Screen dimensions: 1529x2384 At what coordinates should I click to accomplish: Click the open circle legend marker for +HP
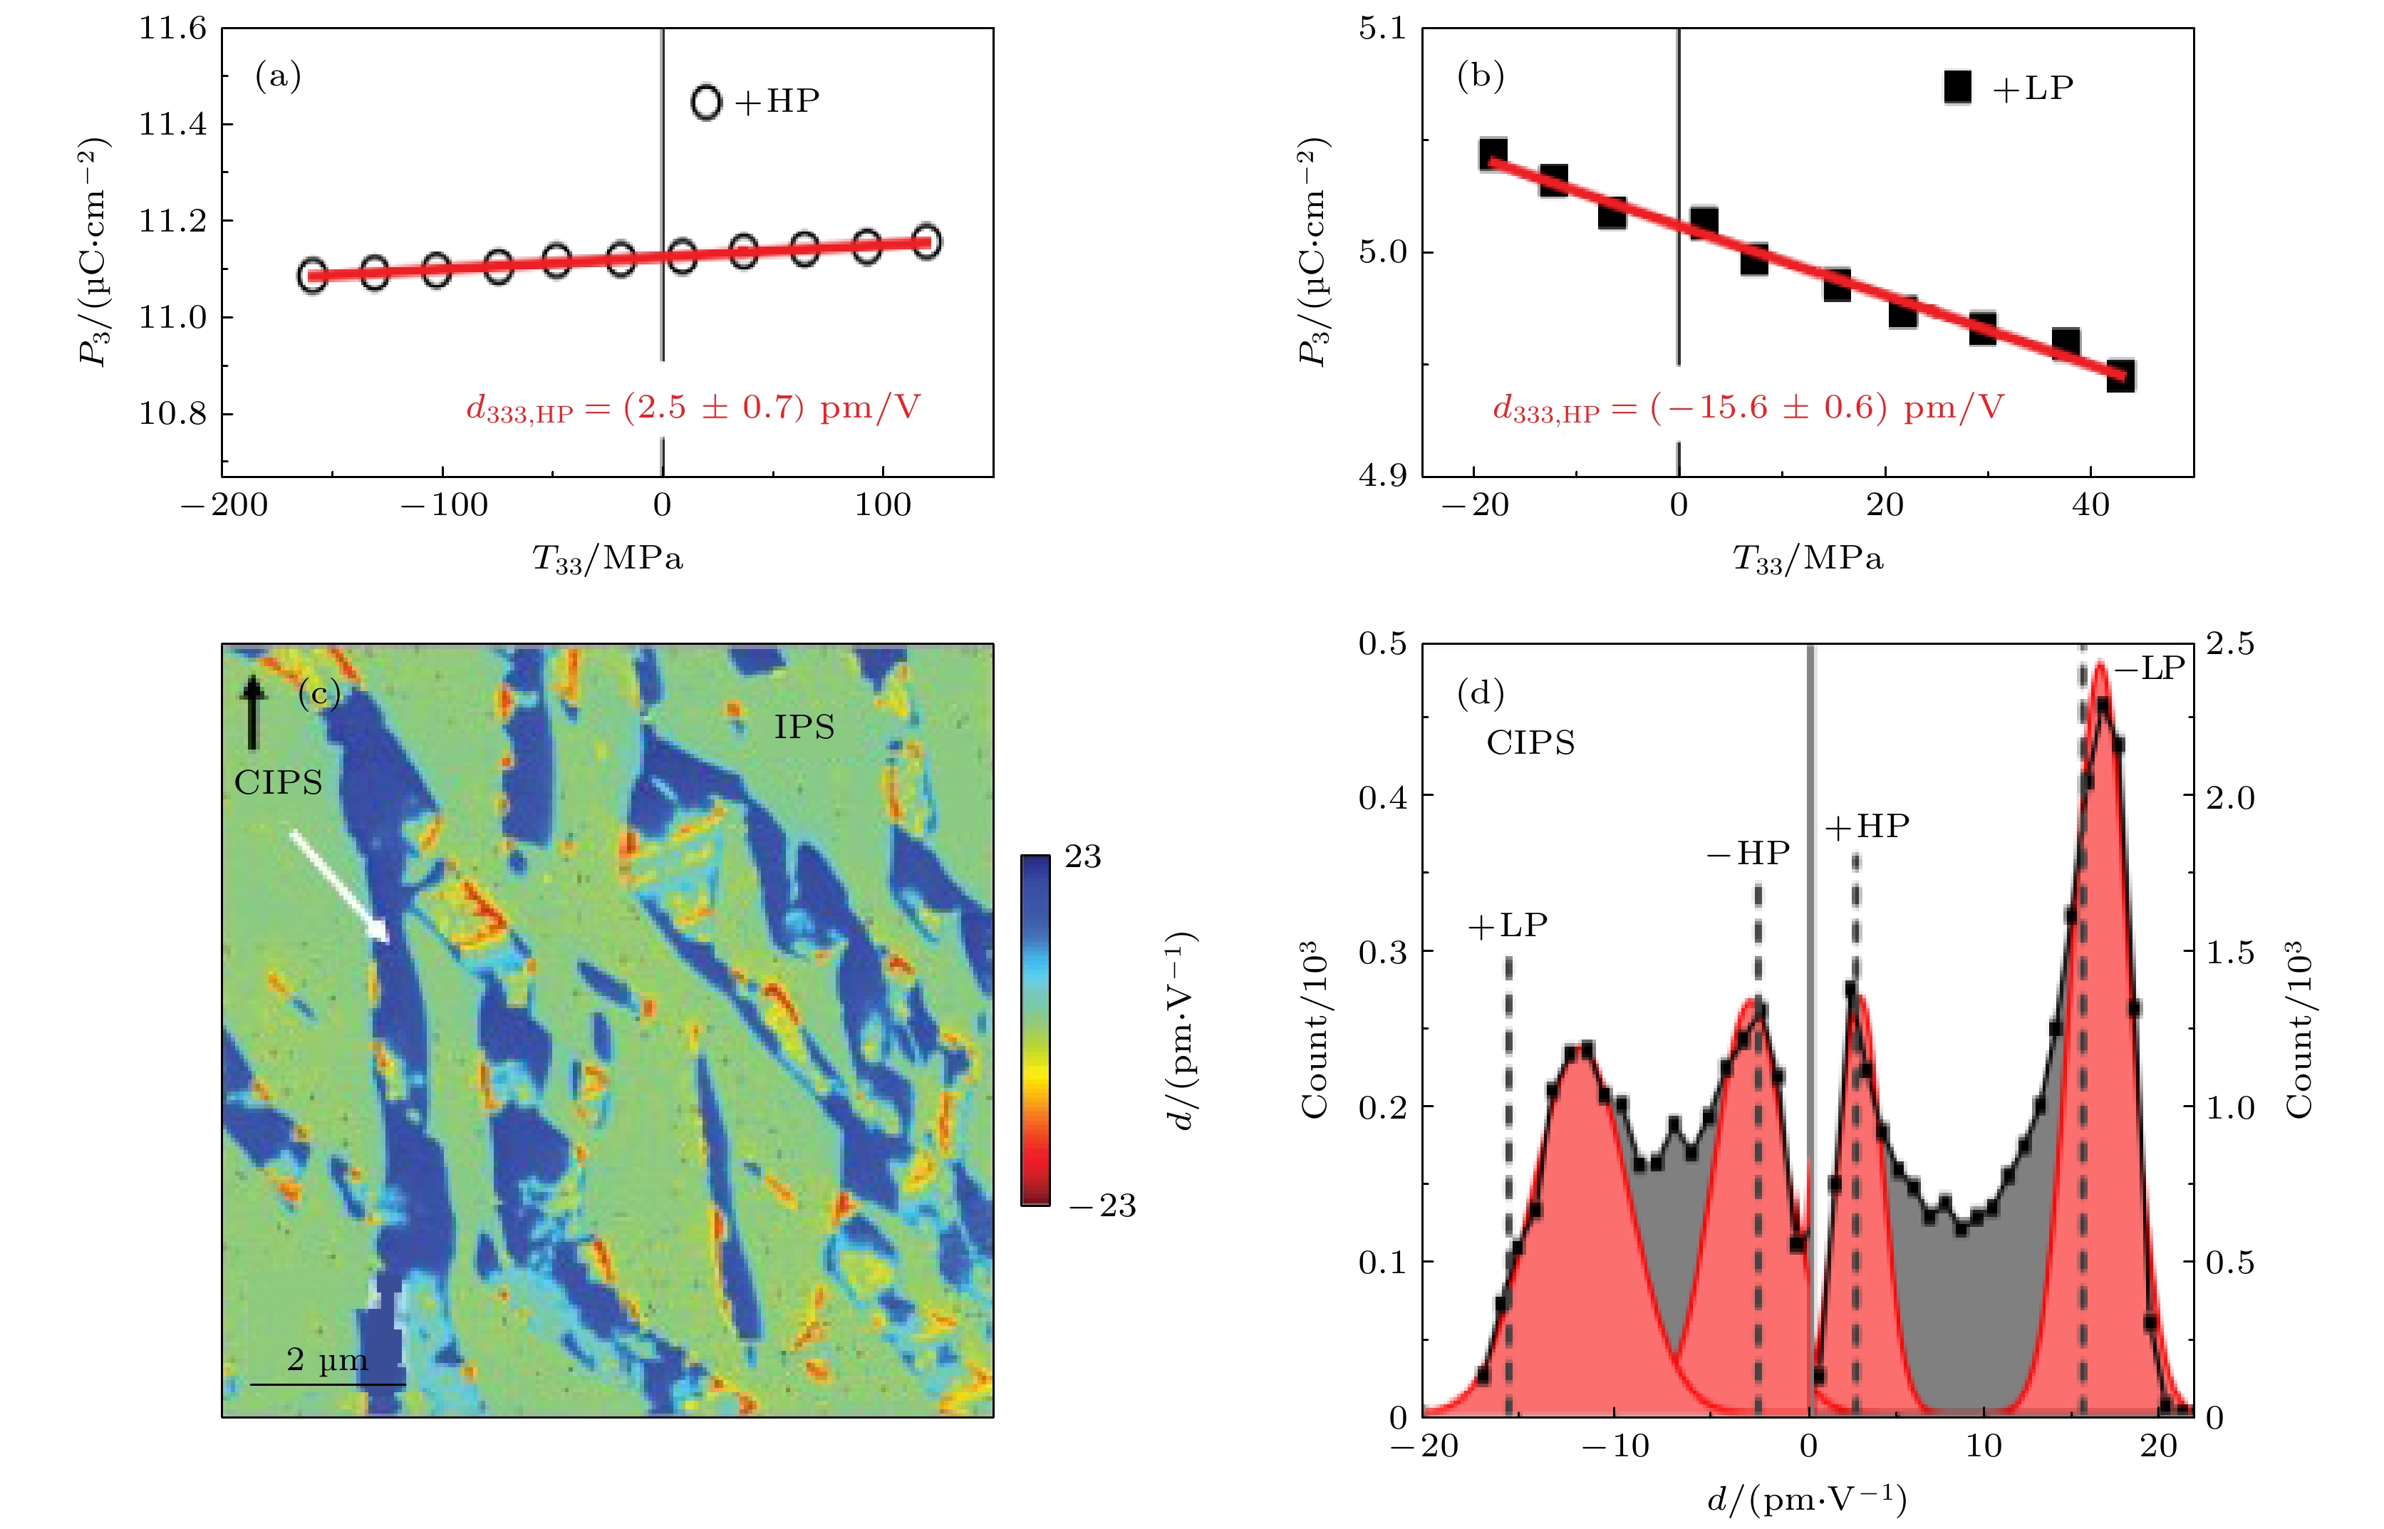coord(706,103)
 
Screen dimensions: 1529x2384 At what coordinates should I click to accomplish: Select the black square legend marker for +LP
coord(1957,88)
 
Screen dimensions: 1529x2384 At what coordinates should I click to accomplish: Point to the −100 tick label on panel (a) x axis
coord(444,505)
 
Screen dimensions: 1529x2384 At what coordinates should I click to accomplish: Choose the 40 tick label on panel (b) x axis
coord(2090,505)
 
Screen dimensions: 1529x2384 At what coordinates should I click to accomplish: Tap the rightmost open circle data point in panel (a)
coord(926,242)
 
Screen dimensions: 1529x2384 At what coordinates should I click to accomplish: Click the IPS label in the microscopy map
coord(804,727)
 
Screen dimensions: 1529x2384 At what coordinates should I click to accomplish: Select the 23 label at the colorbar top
coord(1082,857)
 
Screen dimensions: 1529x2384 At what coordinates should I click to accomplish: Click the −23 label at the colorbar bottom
coord(1102,1206)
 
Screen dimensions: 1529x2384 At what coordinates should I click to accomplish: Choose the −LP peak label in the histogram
coord(2150,668)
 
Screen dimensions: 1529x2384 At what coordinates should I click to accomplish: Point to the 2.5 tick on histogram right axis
coord(2230,644)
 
